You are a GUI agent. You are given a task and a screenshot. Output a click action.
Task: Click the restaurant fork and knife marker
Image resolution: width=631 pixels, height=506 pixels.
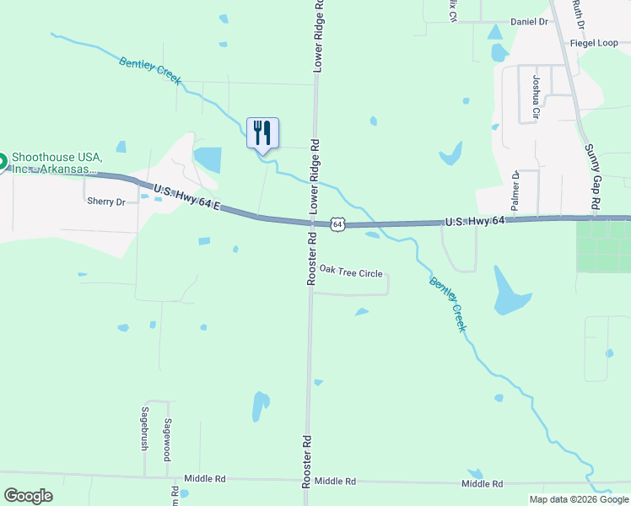[262, 133]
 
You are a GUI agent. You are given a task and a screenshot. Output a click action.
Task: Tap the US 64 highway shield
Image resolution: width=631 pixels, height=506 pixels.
[337, 224]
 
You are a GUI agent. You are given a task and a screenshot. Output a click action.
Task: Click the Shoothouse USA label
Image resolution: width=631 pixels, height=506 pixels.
[57, 163]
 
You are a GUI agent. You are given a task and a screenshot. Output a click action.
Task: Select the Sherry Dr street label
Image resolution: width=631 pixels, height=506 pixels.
[105, 202]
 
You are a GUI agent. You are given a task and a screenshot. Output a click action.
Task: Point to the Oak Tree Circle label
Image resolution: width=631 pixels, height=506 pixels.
[350, 273]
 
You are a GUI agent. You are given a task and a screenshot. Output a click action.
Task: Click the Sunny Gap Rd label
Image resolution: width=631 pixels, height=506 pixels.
[593, 176]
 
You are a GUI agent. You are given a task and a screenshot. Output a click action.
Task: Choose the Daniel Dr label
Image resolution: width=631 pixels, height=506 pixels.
[530, 21]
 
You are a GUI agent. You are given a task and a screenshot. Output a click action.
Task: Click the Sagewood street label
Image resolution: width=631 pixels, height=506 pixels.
[168, 433]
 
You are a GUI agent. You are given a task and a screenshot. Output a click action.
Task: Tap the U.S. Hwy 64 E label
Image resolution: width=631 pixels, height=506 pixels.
[186, 197]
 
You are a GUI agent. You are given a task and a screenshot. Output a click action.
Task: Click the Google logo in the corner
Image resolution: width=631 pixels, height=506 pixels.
[28, 496]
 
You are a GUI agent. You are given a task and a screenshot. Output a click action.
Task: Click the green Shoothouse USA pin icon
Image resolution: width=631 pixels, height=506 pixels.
[1, 160]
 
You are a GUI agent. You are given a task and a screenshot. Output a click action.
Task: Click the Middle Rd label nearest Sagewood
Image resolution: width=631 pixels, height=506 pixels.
[209, 478]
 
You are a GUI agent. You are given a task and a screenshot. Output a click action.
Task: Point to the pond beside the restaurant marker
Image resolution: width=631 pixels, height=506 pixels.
[208, 159]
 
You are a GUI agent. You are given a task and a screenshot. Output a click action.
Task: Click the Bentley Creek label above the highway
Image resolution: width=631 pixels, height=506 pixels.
[150, 70]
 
